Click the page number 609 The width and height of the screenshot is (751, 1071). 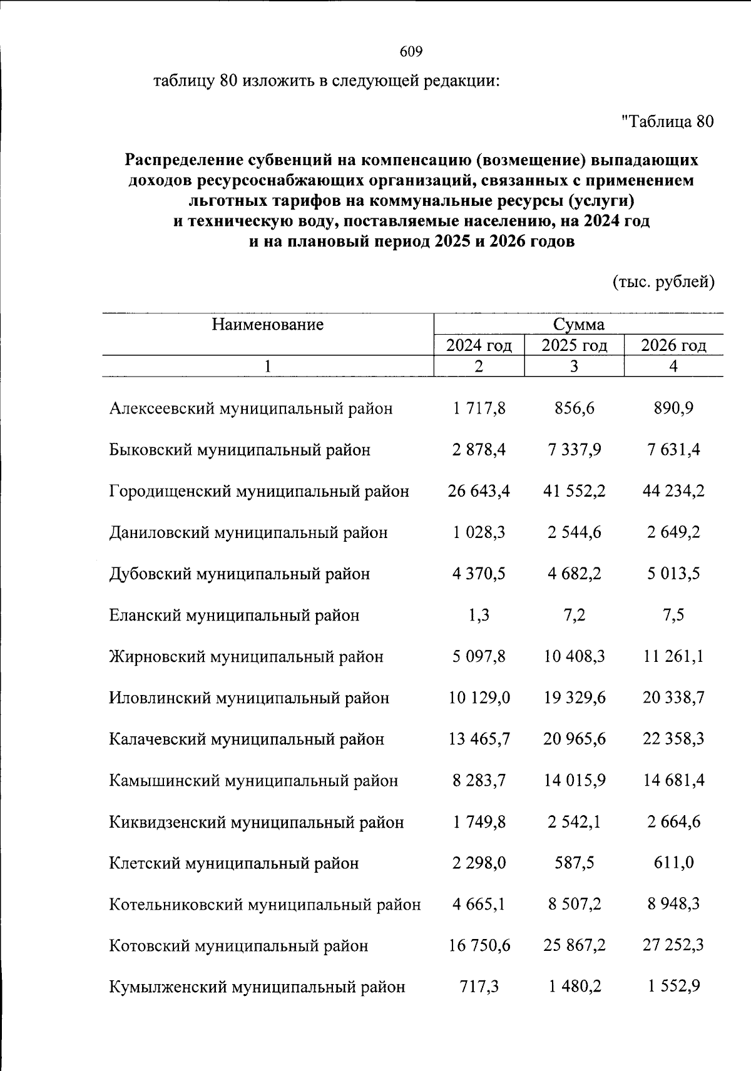click(411, 52)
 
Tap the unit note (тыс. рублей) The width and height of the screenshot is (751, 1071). click(663, 282)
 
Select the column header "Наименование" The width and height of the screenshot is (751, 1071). click(267, 324)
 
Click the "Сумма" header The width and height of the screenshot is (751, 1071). click(578, 324)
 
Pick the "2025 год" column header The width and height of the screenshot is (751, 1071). click(574, 345)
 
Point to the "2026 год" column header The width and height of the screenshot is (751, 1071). click(673, 345)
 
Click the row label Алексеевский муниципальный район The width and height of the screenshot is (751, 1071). click(251, 409)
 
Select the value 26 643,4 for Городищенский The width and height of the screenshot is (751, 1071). click(479, 491)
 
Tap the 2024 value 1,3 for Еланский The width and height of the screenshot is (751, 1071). click(479, 615)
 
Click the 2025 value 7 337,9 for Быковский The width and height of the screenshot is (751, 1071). click(574, 450)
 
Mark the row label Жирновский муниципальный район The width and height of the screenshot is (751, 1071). click(246, 656)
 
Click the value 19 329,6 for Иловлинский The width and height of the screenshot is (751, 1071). click(574, 698)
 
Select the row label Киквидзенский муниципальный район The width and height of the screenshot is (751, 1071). click(257, 822)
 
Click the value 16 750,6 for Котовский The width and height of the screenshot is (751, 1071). click(479, 946)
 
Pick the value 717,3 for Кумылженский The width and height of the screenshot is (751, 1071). click(479, 987)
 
